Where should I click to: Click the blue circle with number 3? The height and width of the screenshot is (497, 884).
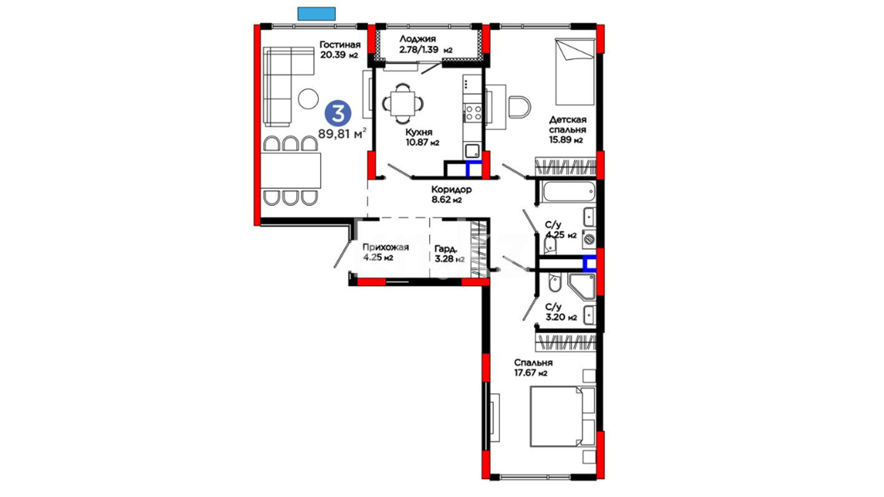[x=338, y=114]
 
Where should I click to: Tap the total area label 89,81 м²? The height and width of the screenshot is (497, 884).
[x=342, y=133]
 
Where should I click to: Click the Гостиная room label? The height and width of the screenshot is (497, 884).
[x=340, y=45]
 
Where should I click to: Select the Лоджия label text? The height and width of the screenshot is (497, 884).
[x=418, y=39]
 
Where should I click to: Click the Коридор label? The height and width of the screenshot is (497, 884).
[x=451, y=189]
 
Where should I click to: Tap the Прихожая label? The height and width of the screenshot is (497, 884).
[x=385, y=248]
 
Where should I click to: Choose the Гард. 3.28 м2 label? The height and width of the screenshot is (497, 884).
[x=449, y=254]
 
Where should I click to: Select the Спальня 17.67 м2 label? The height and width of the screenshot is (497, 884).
[x=533, y=368]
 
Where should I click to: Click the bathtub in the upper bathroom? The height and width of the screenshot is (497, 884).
[x=569, y=191]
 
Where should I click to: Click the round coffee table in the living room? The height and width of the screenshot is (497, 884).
[x=308, y=98]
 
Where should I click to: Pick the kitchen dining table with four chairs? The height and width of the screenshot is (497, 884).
[x=402, y=104]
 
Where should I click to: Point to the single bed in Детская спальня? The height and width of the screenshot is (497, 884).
[x=575, y=72]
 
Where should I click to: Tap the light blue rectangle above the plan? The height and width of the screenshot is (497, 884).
[x=316, y=14]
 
